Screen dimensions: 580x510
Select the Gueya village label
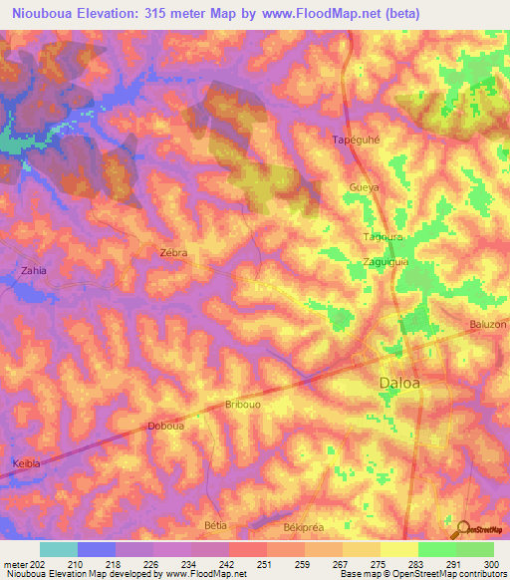coord(367,186)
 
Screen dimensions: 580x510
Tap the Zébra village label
coord(173,253)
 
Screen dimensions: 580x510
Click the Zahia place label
coord(33,270)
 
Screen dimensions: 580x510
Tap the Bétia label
coord(215,524)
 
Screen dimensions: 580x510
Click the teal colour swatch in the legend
coord(59,549)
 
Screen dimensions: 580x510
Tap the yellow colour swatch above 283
coord(398,549)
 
